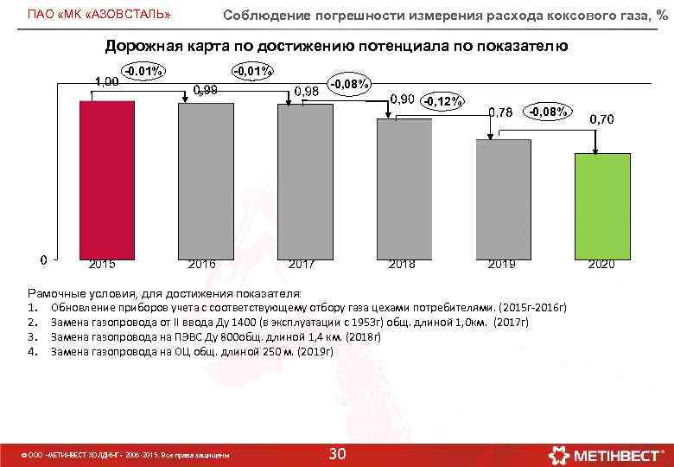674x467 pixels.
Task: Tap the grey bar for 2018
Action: click(x=404, y=188)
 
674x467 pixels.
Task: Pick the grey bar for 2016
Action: click(x=205, y=180)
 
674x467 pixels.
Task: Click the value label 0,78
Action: click(x=501, y=112)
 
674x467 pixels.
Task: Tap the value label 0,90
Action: click(x=403, y=99)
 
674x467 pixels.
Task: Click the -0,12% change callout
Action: click(x=442, y=101)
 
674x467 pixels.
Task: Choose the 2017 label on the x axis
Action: click(x=302, y=264)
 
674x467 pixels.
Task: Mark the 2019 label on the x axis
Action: click(x=501, y=264)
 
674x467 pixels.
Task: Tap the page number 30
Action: click(x=339, y=454)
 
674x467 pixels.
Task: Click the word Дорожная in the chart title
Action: click(x=142, y=46)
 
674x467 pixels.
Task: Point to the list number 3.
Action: click(x=31, y=337)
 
